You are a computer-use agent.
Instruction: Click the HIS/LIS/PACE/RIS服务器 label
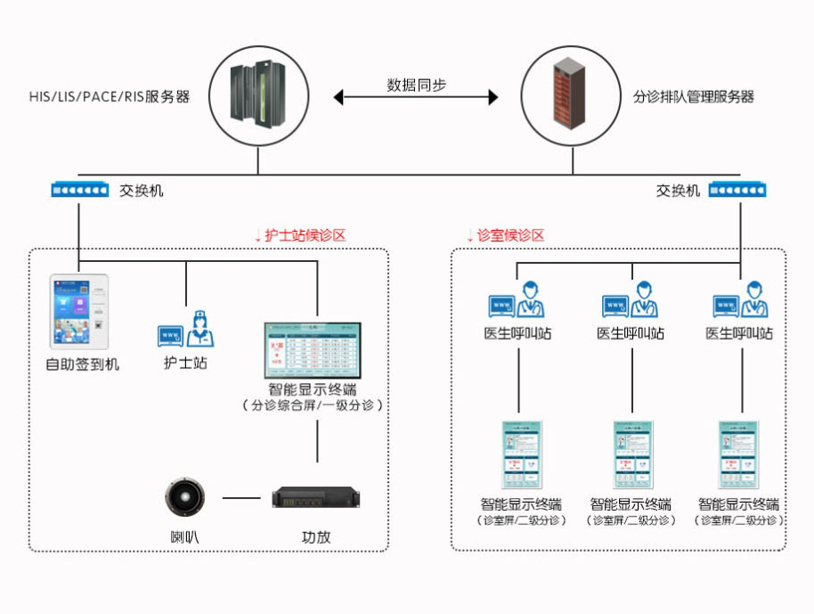pos(109,97)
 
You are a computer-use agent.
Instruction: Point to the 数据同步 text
pos(416,86)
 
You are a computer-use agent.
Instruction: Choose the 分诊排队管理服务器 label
pos(694,97)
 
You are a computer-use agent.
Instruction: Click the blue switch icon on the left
pos(79,190)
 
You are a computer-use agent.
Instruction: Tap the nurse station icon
pos(186,331)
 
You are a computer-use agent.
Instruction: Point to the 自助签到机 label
pos(82,364)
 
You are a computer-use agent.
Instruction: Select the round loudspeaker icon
pos(185,497)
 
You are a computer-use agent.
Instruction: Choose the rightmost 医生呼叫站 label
pos(739,334)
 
